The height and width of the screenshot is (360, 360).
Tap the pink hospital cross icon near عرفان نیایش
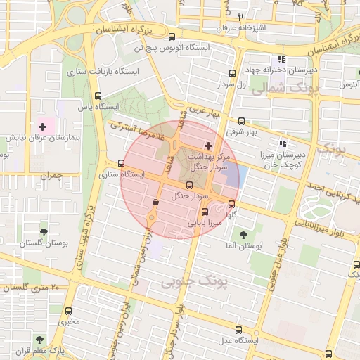pyautogui.click(x=43, y=127)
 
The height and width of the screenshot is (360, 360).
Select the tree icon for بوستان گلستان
pyautogui.click(x=44, y=231)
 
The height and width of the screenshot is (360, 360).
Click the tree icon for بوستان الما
pyautogui.click(x=244, y=235)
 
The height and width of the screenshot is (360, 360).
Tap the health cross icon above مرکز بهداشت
pyautogui.click(x=207, y=145)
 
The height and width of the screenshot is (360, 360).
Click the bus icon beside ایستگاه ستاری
pyautogui.click(x=102, y=164)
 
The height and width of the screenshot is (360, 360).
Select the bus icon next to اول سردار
pyautogui.click(x=232, y=73)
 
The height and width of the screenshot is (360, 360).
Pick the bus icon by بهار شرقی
pyautogui.click(x=242, y=121)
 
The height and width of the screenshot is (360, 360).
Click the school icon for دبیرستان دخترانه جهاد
pyautogui.click(x=281, y=60)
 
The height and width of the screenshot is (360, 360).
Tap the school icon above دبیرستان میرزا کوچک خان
pyautogui.click(x=282, y=142)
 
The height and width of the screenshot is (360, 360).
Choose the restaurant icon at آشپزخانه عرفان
pyautogui.click(x=240, y=17)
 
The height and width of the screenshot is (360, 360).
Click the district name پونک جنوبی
pyautogui.click(x=195, y=282)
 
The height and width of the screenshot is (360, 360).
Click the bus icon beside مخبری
pyautogui.click(x=68, y=311)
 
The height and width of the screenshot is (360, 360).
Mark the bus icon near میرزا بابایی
pyautogui.click(x=205, y=212)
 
